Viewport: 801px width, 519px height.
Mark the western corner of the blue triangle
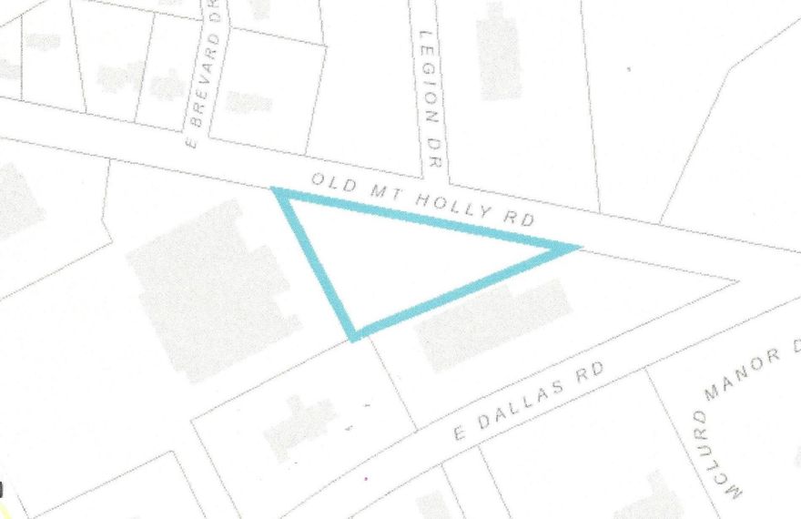[275, 190]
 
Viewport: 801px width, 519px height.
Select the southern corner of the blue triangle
[354, 335]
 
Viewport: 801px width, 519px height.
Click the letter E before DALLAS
[459, 432]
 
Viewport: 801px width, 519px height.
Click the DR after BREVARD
[216, 17]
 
